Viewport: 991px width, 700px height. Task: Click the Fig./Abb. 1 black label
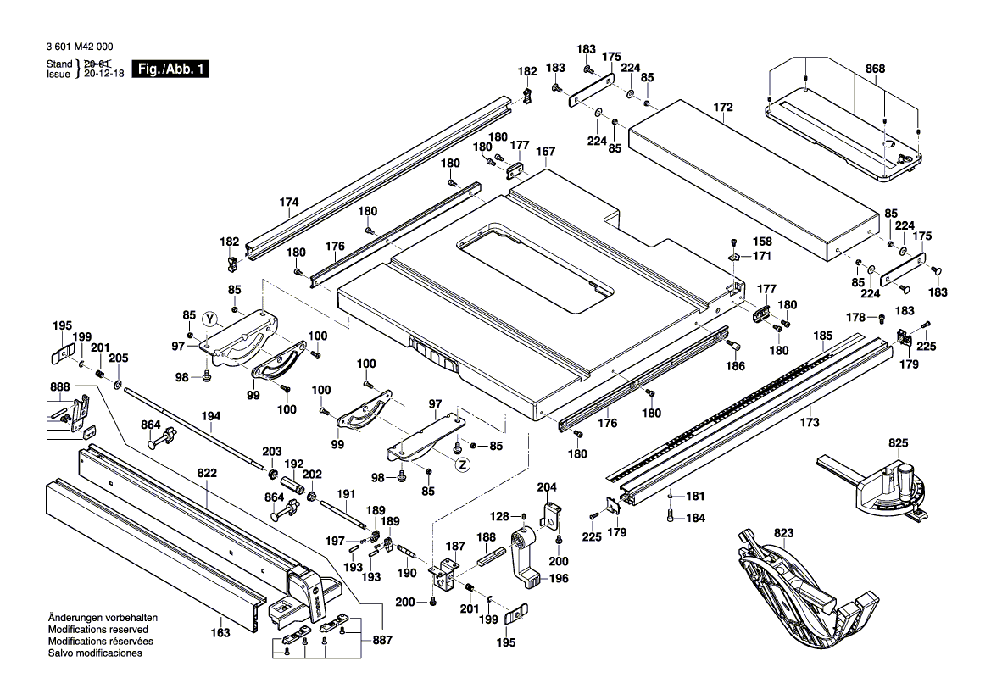click(171, 69)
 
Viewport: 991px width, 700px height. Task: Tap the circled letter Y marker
click(212, 319)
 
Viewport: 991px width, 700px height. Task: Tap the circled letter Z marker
click(462, 464)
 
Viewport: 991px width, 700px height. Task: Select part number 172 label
click(722, 108)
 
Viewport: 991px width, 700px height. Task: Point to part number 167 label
click(545, 153)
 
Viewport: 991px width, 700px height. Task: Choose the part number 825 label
click(898, 443)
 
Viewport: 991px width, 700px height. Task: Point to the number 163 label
click(220, 632)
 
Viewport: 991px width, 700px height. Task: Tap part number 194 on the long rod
click(211, 416)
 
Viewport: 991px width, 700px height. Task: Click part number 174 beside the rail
click(289, 203)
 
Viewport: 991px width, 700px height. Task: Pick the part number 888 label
click(60, 387)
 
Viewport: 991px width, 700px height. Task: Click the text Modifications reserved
click(98, 631)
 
